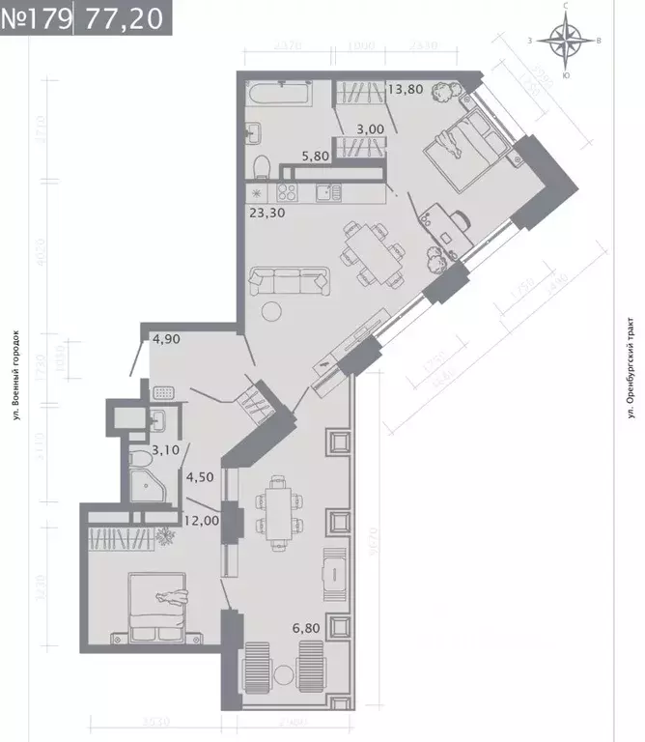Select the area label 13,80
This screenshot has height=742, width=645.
click(x=407, y=89)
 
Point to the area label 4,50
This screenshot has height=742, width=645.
click(x=200, y=475)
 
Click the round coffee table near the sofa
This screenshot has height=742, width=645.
click(x=273, y=311)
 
